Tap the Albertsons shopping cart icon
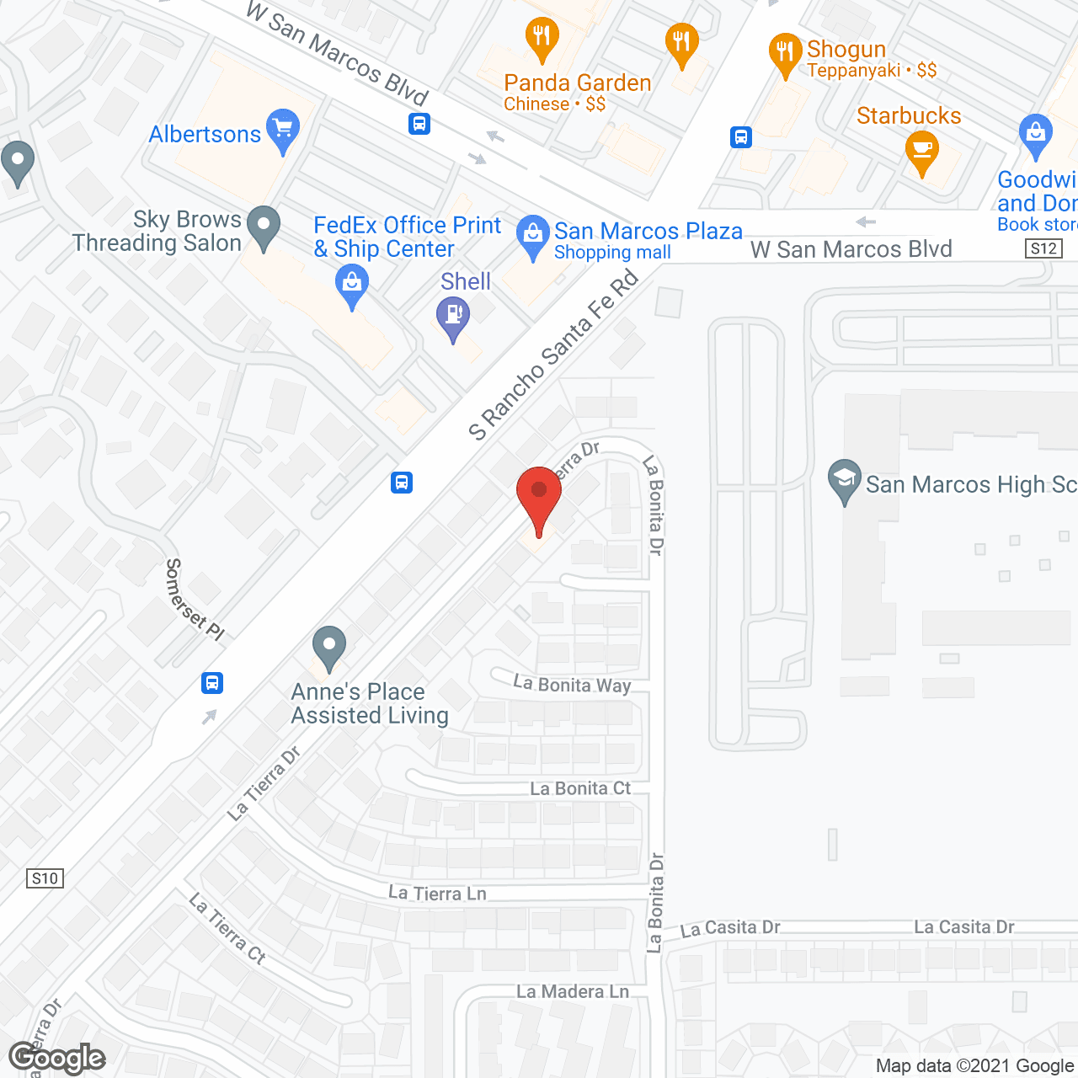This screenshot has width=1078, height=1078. pos(283,130)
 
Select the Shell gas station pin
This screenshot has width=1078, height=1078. pos(453,318)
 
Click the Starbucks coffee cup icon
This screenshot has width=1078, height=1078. pos(922,152)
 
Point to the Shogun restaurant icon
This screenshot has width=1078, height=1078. pos(785,52)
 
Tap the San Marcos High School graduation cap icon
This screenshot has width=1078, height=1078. pos(844,480)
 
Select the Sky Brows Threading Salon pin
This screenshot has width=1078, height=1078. pos(264,226)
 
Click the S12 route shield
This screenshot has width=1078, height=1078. pos(1043,248)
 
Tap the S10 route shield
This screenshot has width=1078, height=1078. pos(45,878)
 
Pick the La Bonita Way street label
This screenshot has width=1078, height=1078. pos(572,684)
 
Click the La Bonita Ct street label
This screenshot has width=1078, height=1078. pos(580,788)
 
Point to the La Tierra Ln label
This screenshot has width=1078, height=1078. pos(437,894)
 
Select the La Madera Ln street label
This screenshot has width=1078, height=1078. pos(573,991)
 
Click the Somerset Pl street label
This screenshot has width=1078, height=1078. pos(195,599)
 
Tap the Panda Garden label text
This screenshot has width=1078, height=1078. pos(577,83)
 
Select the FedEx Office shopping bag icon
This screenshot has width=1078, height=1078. pos(351,284)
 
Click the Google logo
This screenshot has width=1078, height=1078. pos(57,1058)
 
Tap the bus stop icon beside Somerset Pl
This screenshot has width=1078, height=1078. pos(212,682)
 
